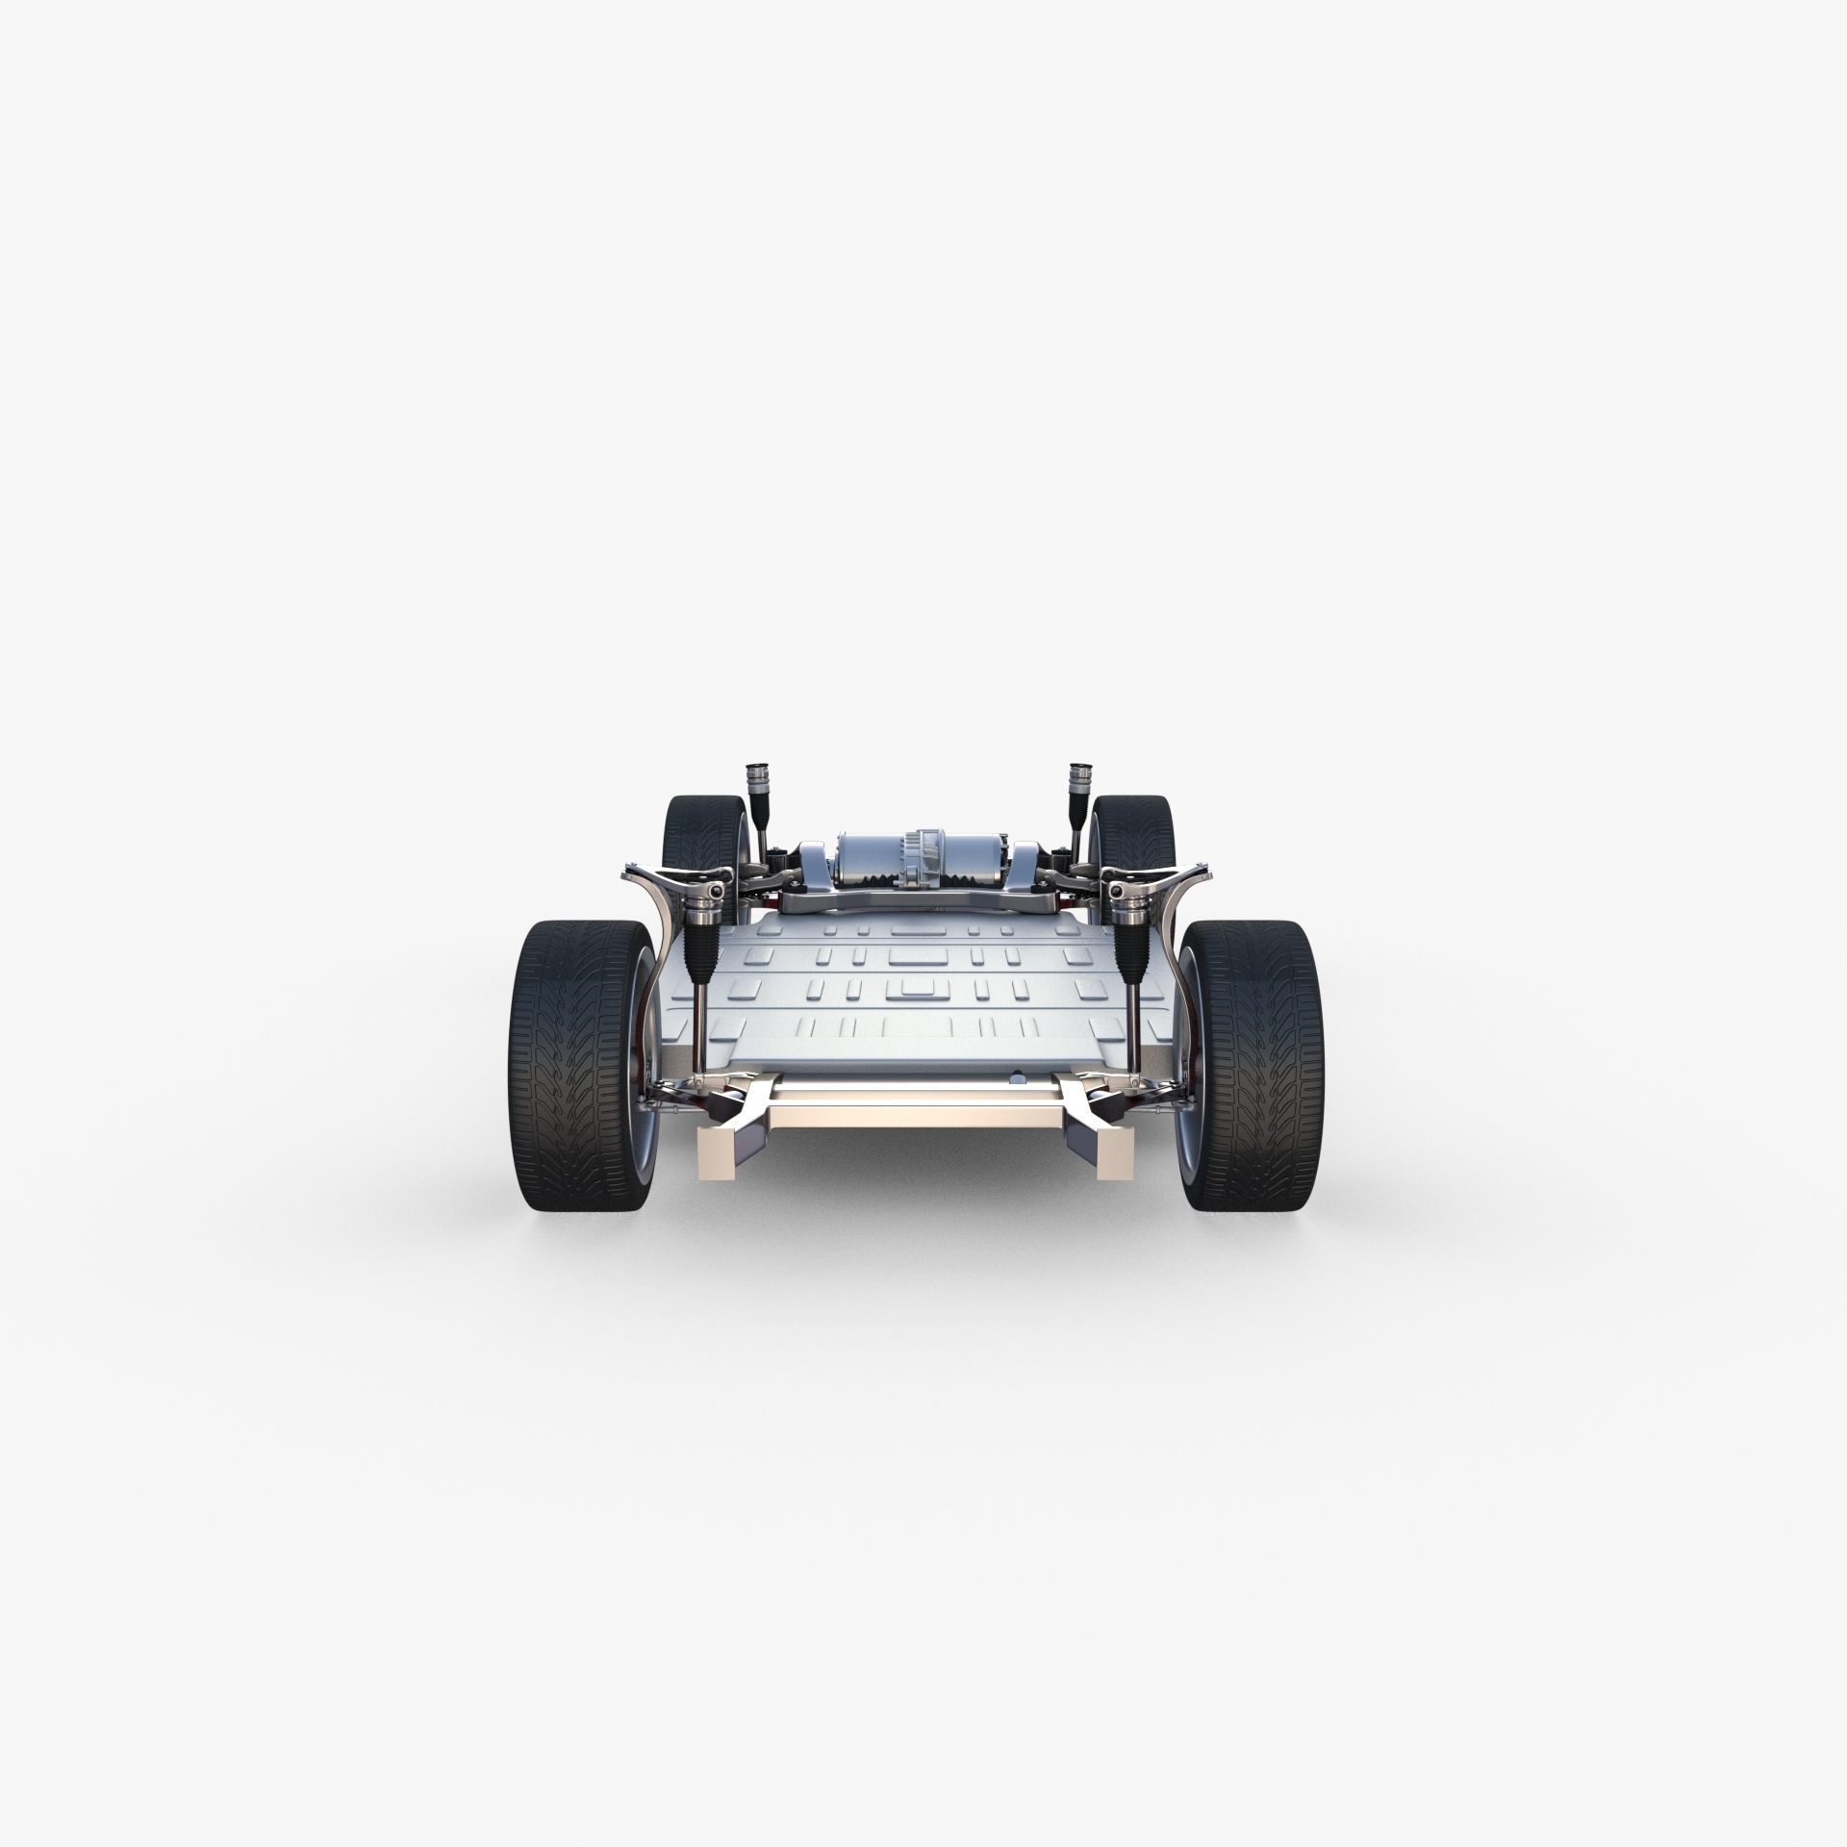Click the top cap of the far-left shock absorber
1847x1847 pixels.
[754, 799]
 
